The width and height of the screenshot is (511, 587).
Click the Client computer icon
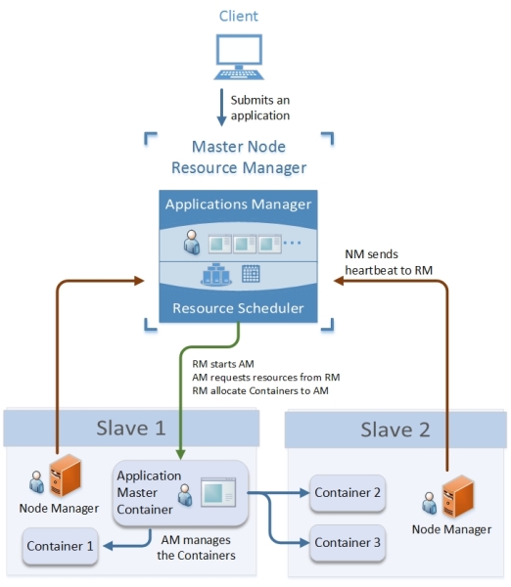point(239,57)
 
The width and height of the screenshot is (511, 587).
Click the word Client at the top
point(239,16)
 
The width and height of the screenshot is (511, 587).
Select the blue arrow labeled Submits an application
point(221,107)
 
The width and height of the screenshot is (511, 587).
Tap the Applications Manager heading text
point(238,204)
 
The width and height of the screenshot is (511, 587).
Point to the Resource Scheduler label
point(238,308)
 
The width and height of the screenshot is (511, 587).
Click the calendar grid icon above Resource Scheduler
point(251,273)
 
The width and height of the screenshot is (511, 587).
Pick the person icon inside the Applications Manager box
point(192,243)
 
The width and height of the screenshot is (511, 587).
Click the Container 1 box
point(61,546)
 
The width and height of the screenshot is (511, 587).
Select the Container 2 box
point(348,493)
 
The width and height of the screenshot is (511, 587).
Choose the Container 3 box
point(348,542)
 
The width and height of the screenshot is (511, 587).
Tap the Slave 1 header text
point(131,428)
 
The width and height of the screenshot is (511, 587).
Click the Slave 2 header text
point(395,429)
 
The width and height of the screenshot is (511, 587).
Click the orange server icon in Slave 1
point(66,475)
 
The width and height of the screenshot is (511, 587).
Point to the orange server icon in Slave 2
point(458,496)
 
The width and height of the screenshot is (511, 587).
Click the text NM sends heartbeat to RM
point(389,262)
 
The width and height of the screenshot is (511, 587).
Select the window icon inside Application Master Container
point(218,492)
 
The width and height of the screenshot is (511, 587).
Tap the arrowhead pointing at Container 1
point(108,546)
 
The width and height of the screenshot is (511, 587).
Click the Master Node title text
point(239,147)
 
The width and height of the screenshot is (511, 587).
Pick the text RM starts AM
point(223,364)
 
